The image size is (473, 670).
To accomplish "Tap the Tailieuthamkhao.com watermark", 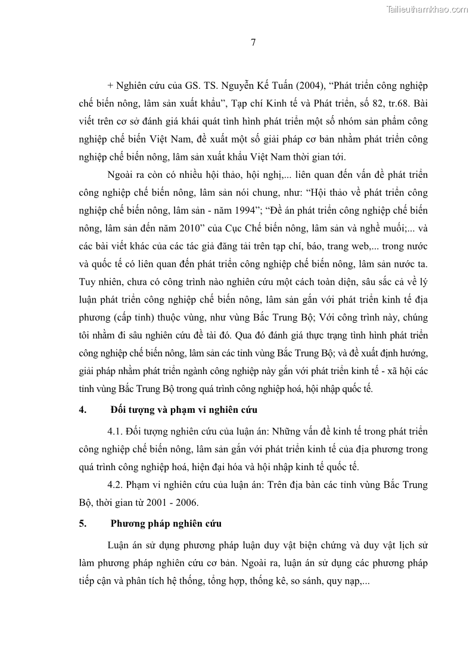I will click(427, 9).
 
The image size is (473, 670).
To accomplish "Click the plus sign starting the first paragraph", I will click(111, 85).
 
